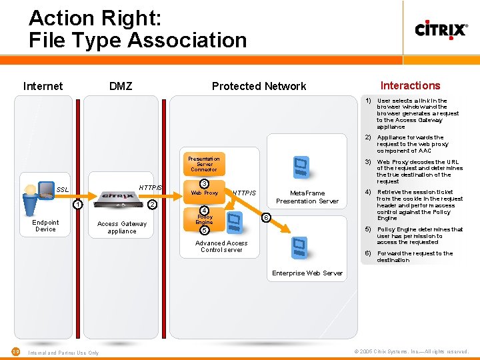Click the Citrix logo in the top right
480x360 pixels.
(441, 29)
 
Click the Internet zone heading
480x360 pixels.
(43, 86)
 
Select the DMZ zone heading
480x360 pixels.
(121, 86)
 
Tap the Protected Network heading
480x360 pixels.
(259, 86)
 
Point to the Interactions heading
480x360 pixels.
(410, 85)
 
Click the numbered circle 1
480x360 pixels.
(78, 204)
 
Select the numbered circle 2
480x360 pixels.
(151, 204)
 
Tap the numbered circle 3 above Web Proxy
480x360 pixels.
(205, 184)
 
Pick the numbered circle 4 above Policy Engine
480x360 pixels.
(205, 210)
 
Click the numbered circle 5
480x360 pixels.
(205, 231)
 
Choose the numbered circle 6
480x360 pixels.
(265, 217)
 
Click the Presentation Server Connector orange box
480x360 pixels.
(204, 164)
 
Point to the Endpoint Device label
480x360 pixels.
(45, 226)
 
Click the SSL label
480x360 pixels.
(62, 190)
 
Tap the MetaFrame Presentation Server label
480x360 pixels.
(307, 197)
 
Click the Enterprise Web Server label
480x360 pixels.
(307, 273)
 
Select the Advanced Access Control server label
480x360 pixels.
(221, 247)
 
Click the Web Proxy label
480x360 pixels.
(205, 193)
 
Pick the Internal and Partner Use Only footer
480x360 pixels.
(64, 353)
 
